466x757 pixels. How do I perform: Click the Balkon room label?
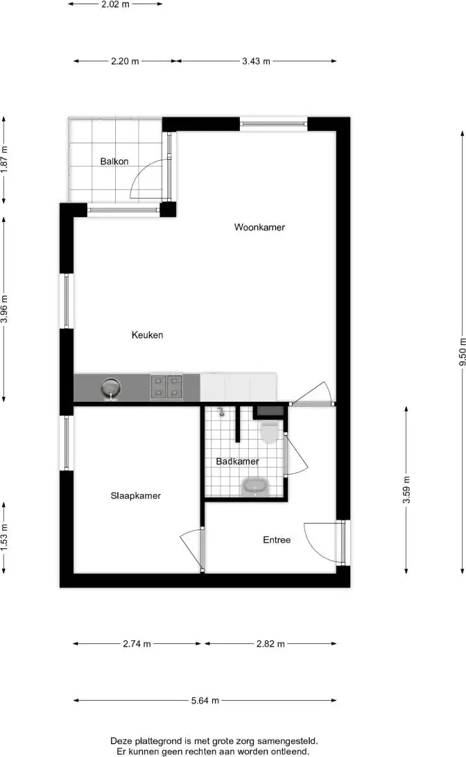coord(114,161)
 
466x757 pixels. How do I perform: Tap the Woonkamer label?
coord(259,227)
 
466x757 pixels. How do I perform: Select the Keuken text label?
coord(147,334)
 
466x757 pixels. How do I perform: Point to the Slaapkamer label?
coord(135,495)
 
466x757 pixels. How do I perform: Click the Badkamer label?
coord(237,461)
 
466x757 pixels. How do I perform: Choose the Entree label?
coord(277,540)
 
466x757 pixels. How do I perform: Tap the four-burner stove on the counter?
coord(166,386)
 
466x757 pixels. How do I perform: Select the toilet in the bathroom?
coord(269,431)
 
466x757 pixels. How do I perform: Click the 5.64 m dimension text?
coord(205,700)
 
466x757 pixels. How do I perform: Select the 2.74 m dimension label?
coord(137,643)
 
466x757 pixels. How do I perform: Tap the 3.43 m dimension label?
coord(256,61)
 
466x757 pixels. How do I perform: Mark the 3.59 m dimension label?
coord(406,490)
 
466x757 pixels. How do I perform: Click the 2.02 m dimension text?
coord(115,4)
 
